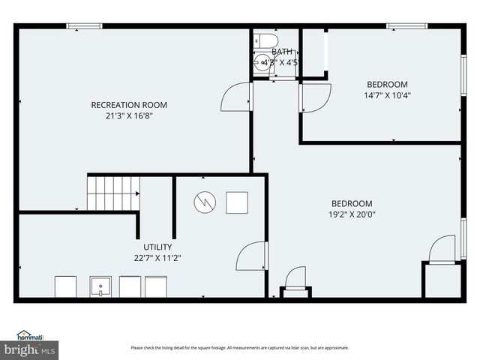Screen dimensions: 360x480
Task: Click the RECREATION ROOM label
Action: [128, 105]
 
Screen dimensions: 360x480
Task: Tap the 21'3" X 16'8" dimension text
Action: [128, 115]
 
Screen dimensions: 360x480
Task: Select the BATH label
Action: [282, 52]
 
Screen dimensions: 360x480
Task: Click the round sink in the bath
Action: [262, 63]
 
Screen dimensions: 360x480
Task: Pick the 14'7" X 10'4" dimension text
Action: [387, 95]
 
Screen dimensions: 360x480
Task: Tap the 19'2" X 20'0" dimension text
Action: [352, 214]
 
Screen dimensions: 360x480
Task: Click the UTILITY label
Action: [157, 247]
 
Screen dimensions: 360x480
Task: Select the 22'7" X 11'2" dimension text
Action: [157, 257]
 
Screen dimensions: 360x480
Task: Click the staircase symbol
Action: [113, 193]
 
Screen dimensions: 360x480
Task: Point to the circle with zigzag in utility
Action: [205, 202]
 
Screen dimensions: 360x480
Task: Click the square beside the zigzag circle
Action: [237, 202]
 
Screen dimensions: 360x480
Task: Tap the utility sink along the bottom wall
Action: [100, 286]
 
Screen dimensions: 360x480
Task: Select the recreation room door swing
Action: [237, 97]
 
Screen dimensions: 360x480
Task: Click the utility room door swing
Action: [251, 256]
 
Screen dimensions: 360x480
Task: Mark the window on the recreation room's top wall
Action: [84, 26]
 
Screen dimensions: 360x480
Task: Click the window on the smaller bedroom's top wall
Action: [406, 26]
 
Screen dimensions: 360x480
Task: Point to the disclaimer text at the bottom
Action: [239, 347]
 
